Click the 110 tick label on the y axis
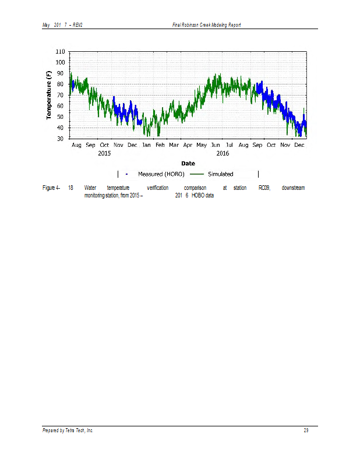click(x=59, y=51)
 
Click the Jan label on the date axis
click(x=146, y=145)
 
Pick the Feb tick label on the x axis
click(x=160, y=145)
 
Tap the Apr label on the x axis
click(x=188, y=145)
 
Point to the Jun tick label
click(x=216, y=145)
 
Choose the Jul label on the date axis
click(x=230, y=145)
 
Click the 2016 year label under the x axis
click(x=223, y=153)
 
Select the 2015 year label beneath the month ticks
click(x=104, y=153)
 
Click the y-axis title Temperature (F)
click(x=49, y=95)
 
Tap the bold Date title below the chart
click(x=188, y=164)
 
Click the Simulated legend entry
click(x=220, y=174)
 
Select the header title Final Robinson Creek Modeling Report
click(x=206, y=24)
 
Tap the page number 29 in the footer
click(x=306, y=430)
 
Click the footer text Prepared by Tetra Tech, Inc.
click(x=68, y=430)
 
